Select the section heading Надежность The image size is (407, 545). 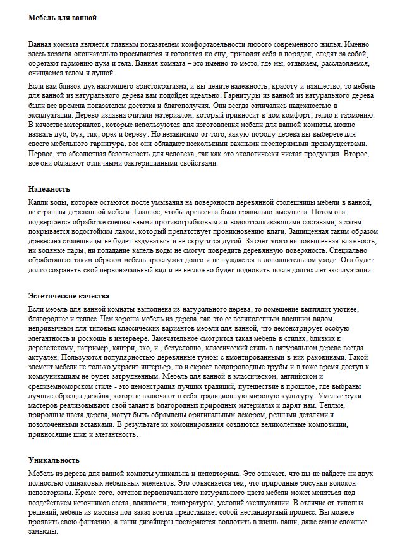[x=49, y=188]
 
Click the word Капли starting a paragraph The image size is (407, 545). [x=39, y=202]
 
